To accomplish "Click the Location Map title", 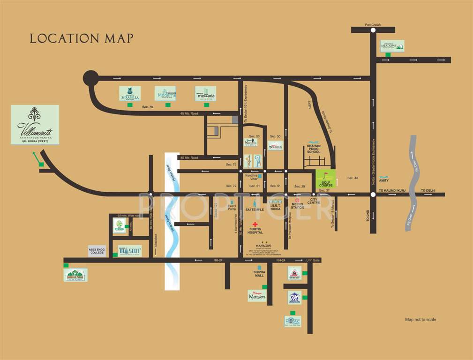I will (x=82, y=38).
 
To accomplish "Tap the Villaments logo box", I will (x=35, y=125).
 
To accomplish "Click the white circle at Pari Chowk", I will (x=373, y=30).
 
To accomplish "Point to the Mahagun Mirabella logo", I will (x=129, y=94).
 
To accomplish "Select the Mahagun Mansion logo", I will (x=256, y=295).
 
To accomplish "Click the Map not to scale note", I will (x=420, y=320).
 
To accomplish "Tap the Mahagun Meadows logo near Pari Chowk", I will (x=392, y=45).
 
